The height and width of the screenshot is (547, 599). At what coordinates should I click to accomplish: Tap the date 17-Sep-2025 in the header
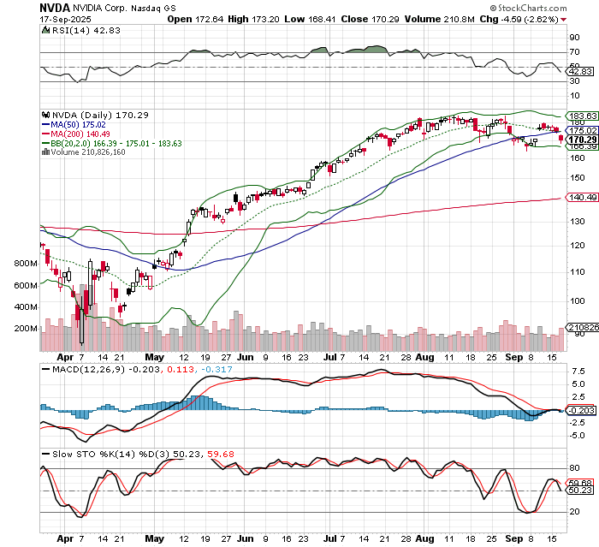[29, 19]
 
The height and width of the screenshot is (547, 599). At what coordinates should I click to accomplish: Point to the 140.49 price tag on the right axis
[583, 198]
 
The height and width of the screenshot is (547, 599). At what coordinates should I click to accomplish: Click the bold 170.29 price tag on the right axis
[583, 139]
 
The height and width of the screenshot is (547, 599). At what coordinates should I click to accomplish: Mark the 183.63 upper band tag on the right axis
[583, 116]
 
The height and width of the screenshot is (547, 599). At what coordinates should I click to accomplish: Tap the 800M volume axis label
[25, 264]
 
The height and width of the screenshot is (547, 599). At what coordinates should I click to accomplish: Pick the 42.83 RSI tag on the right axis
[582, 72]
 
